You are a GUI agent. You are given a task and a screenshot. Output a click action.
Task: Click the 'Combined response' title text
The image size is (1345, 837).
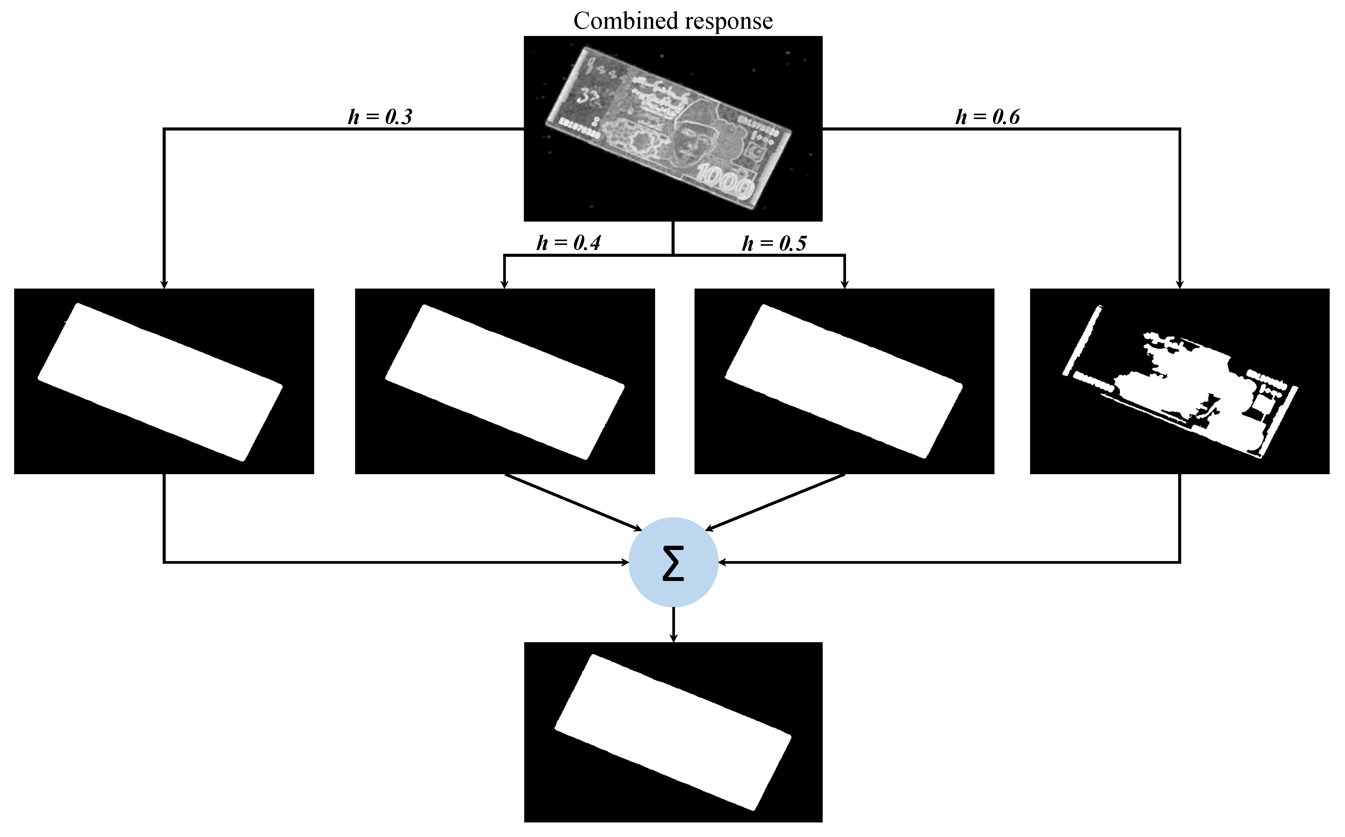tap(673, 21)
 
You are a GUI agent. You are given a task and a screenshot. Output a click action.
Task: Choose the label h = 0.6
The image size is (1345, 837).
tap(988, 117)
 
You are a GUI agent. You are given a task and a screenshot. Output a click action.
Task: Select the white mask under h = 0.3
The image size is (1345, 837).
tap(160, 382)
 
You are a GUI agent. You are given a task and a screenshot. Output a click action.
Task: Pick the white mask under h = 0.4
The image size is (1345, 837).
tap(505, 382)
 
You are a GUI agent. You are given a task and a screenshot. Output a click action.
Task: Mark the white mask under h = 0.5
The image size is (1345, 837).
tap(844, 382)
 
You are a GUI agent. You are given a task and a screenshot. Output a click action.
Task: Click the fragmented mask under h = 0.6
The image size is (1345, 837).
tap(1179, 387)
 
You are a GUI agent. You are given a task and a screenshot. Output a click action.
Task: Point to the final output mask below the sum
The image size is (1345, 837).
tap(673, 732)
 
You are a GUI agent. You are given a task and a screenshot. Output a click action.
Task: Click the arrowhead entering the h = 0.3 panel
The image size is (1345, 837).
tap(164, 284)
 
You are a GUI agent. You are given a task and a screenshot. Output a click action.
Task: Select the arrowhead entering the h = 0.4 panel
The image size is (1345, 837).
tap(504, 284)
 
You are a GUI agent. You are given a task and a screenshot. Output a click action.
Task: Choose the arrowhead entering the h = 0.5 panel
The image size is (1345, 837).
tap(844, 284)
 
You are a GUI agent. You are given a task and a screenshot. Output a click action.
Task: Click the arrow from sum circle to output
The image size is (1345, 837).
tap(673, 625)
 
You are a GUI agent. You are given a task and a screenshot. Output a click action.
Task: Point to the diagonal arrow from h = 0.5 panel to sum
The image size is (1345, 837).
tap(775, 502)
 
